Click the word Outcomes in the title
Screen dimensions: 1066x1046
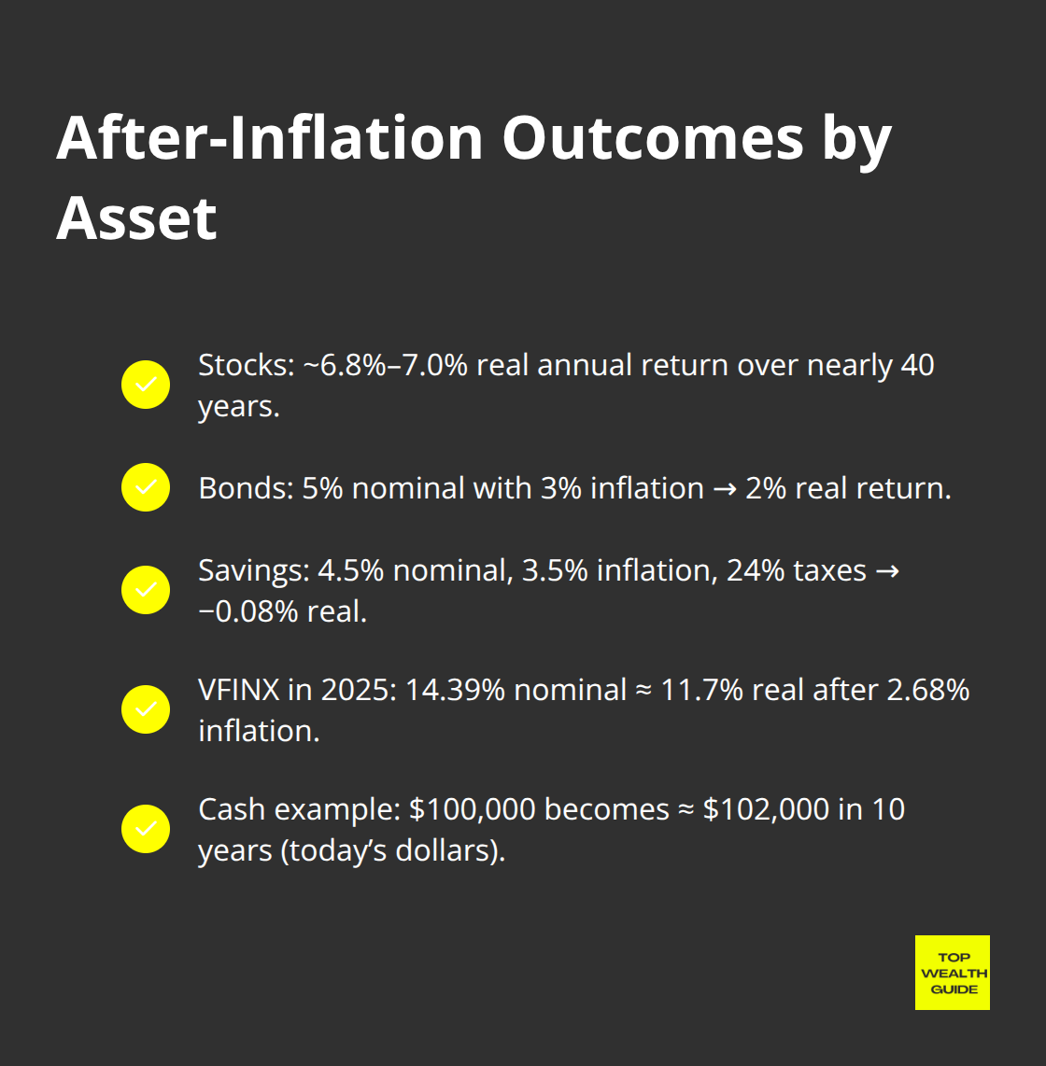(x=653, y=138)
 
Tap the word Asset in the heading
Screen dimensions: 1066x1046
(x=136, y=217)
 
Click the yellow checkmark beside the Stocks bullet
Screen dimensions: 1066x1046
(x=146, y=385)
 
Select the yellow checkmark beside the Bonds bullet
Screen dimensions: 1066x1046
(x=146, y=487)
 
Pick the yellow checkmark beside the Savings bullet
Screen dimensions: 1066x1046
(x=146, y=590)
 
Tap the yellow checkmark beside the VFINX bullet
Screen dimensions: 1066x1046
(x=146, y=709)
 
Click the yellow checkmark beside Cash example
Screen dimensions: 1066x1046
(x=146, y=829)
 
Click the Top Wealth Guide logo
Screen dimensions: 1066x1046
(x=952, y=973)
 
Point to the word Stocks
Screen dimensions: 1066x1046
(x=245, y=365)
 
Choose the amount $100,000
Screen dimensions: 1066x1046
(x=472, y=809)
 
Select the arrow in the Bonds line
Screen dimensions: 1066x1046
(x=724, y=489)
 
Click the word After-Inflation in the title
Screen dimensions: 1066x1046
(x=269, y=138)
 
